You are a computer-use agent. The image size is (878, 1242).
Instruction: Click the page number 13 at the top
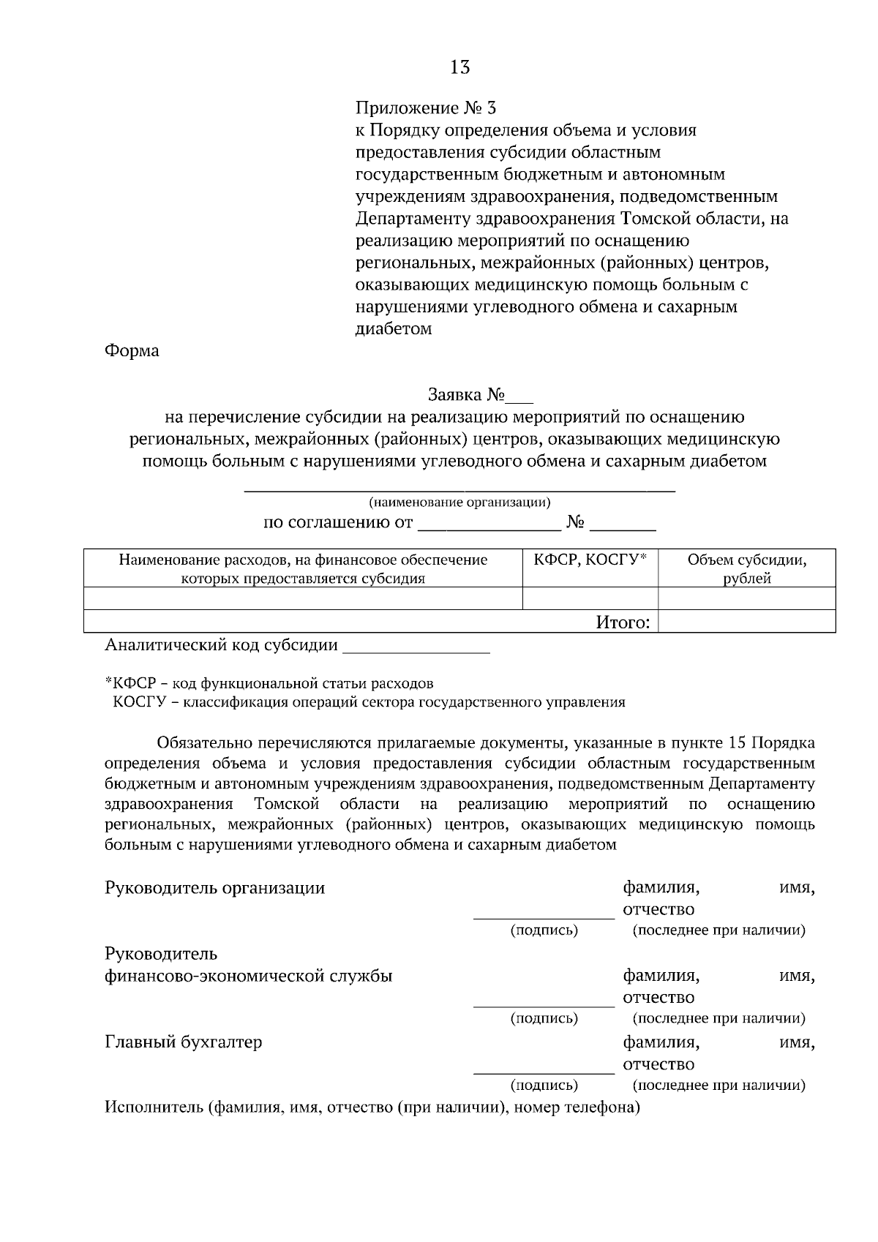460,68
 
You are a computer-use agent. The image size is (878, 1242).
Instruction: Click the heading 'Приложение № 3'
425,108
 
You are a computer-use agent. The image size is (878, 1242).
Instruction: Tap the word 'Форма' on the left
132,350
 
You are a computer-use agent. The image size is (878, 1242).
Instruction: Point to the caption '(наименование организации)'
459,502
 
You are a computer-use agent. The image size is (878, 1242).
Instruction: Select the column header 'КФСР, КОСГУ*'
590,560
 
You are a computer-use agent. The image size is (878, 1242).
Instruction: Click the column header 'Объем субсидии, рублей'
746,569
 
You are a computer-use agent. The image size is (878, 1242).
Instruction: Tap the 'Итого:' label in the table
623,622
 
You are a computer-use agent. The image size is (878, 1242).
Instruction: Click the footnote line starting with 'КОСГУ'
369,702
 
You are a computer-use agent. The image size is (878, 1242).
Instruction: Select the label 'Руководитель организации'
215,888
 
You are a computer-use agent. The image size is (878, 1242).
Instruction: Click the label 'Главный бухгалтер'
183,1042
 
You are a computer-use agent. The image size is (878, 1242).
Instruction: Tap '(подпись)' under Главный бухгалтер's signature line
544,1085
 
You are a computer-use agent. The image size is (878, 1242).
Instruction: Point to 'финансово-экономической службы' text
249,976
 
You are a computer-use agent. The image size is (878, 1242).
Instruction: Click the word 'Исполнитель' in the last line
153,1107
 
